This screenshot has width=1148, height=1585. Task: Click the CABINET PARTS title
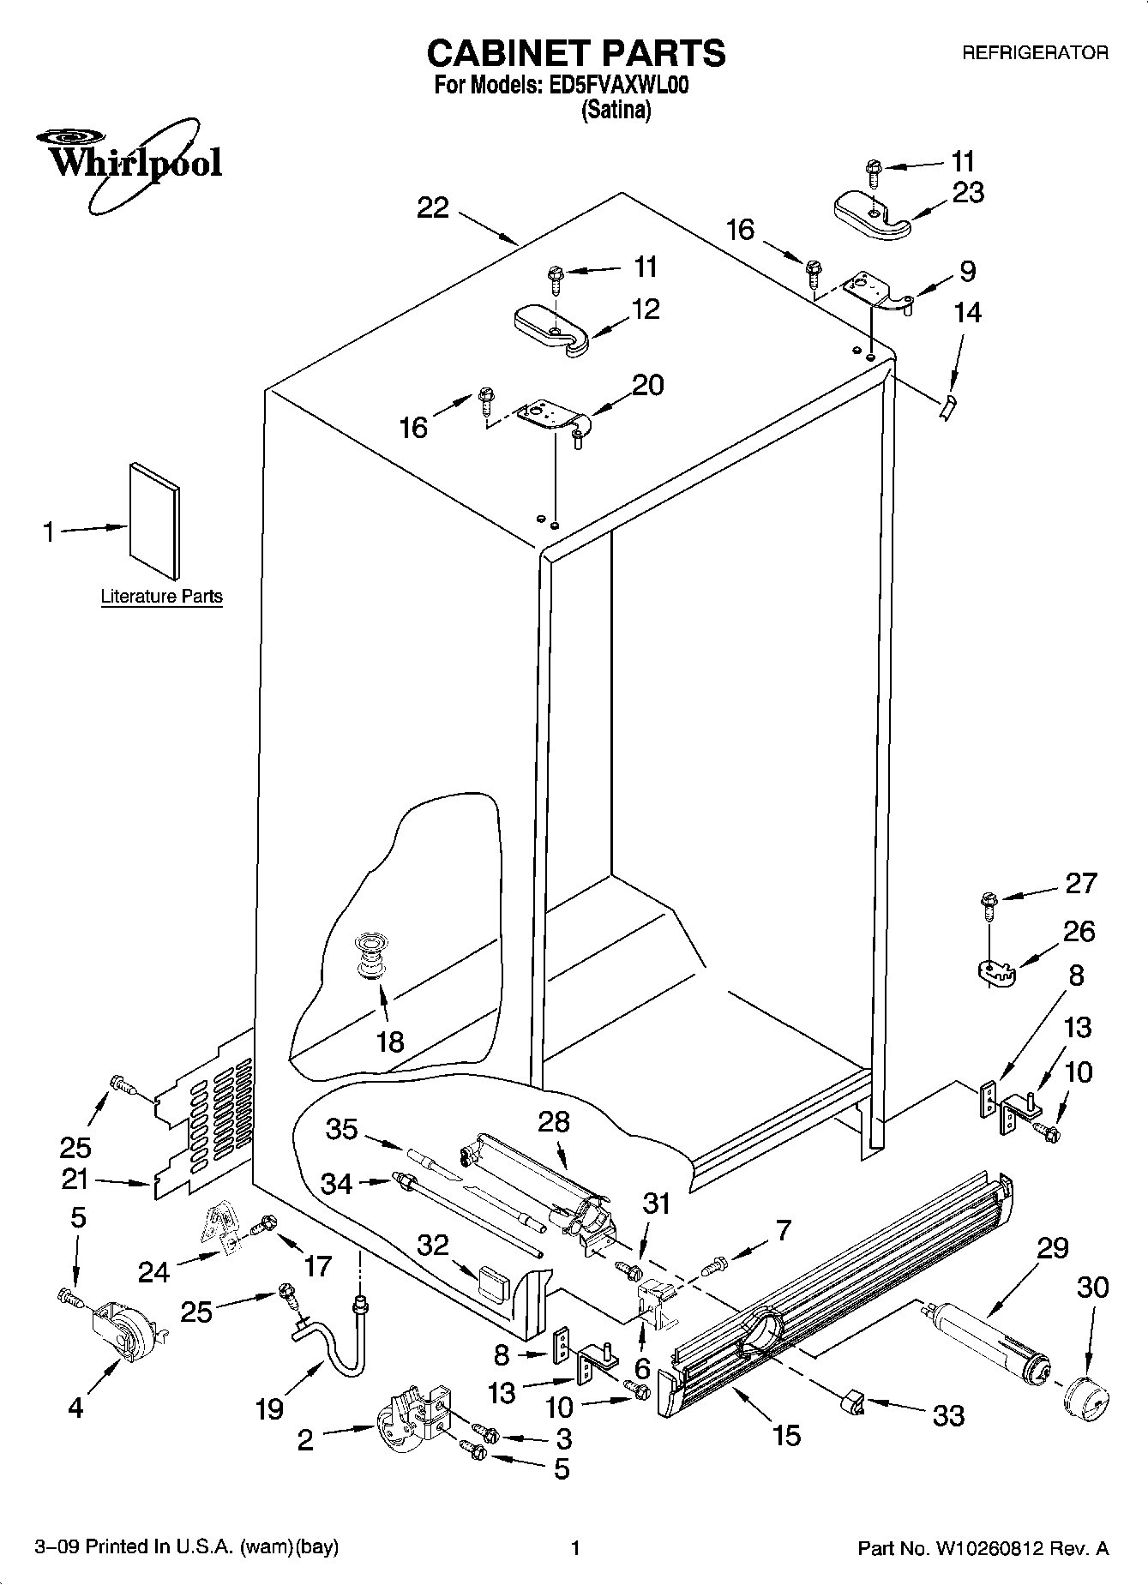pos(575,53)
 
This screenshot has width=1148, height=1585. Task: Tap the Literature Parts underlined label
pos(161,597)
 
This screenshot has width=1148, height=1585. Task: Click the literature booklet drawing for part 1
pos(155,520)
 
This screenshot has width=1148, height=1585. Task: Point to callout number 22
pos(433,208)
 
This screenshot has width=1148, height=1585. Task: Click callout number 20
pos(647,385)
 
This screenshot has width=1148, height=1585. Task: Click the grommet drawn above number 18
pos(370,957)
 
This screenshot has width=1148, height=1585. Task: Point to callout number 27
pos(1079,883)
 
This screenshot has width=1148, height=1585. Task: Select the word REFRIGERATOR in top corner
pos(1034,53)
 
